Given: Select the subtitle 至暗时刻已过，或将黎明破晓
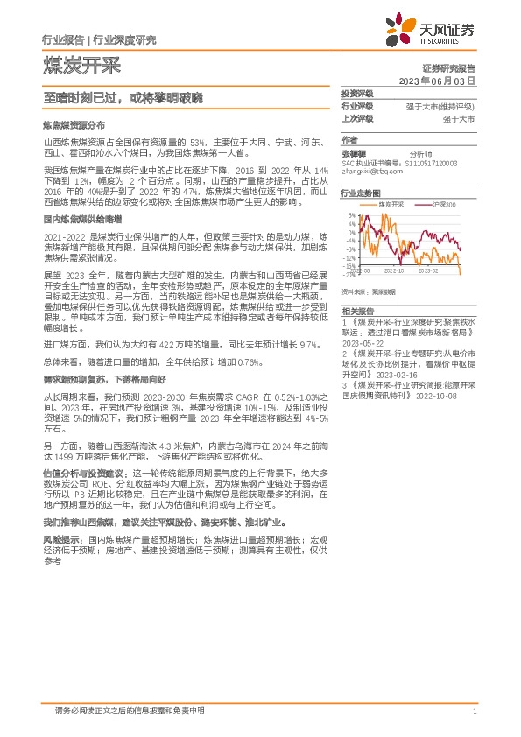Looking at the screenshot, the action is click(x=123, y=101).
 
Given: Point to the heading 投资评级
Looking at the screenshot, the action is click(x=357, y=93).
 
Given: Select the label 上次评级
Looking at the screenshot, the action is click(x=357, y=117).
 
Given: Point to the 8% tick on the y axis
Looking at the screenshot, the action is click(x=351, y=214).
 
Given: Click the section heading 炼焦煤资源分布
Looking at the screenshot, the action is click(x=74, y=126).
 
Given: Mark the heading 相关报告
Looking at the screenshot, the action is click(x=357, y=311).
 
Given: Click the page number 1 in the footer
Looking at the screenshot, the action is click(x=474, y=712).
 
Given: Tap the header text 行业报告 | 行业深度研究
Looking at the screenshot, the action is click(x=99, y=39).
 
